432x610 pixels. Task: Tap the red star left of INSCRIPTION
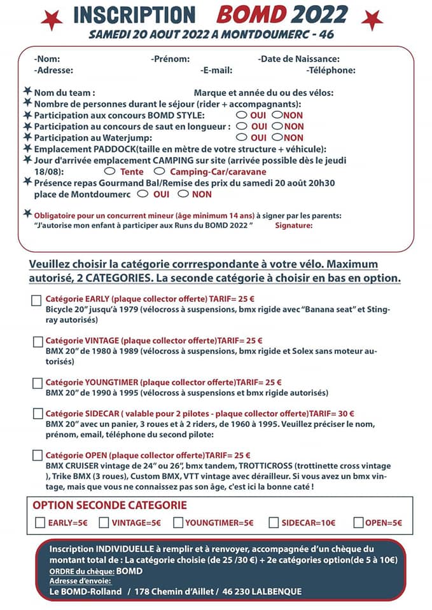pyautogui.click(x=52, y=20)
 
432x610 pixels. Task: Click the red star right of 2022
pyautogui.click(x=372, y=20)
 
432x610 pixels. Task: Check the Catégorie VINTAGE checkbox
pyautogui.click(x=38, y=342)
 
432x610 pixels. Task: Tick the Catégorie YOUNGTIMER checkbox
pyautogui.click(x=38, y=383)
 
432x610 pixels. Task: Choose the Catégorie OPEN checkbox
pyautogui.click(x=38, y=456)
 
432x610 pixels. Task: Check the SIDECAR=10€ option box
pyautogui.click(x=274, y=523)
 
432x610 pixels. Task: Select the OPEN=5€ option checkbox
pyautogui.click(x=359, y=523)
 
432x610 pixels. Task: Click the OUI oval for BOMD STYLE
pyautogui.click(x=241, y=115)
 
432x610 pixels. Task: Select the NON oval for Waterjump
pyautogui.click(x=277, y=137)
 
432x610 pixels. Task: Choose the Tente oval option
pyautogui.click(x=109, y=171)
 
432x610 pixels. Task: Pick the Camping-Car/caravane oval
pyautogui.click(x=159, y=171)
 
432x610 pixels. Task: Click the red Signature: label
pyautogui.click(x=293, y=225)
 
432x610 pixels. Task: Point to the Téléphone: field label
pyautogui.click(x=330, y=71)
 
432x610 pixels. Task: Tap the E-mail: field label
pyautogui.click(x=216, y=71)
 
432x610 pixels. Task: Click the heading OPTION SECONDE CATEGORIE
pyautogui.click(x=109, y=506)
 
